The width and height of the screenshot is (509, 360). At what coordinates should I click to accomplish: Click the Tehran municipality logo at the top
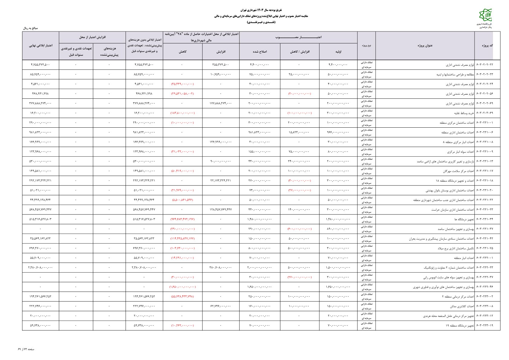coord(485,15)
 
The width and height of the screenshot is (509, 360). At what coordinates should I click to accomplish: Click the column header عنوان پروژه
coord(425,46)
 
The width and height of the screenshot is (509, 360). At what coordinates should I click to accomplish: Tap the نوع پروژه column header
coord(366,46)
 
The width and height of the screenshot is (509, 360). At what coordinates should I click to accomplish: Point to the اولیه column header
coord(338,52)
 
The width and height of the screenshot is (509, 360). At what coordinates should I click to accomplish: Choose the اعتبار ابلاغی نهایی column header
coord(41,46)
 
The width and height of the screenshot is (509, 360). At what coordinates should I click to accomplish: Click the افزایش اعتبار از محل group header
coord(92,37)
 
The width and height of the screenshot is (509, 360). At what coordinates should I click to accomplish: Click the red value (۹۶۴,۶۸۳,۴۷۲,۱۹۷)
coord(182,219)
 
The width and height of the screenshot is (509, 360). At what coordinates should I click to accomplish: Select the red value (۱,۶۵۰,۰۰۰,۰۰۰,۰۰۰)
coord(182,287)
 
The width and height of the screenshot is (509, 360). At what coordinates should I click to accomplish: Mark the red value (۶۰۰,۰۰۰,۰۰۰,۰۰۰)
coord(299,229)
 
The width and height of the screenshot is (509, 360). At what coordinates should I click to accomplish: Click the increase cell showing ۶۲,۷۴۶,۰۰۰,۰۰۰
coord(220,306)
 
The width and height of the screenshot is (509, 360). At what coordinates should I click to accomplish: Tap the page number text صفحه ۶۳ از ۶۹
coord(26,349)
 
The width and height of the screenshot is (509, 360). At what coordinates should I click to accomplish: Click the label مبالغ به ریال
coord(31,28)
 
